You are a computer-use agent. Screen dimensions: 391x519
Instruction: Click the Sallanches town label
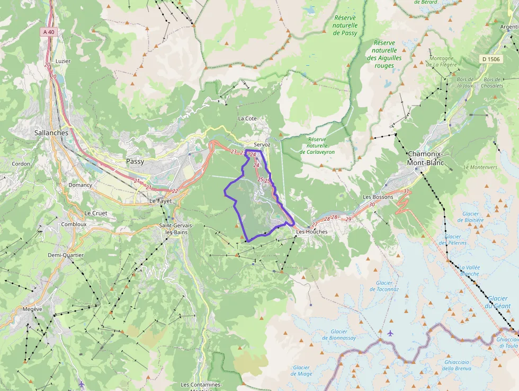click(x=51, y=133)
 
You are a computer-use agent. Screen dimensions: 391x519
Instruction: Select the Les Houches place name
click(x=312, y=232)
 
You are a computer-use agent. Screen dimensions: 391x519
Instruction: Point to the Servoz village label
click(x=262, y=145)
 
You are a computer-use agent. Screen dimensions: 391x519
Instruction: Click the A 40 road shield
click(x=49, y=32)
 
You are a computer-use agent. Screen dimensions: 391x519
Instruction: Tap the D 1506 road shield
click(x=491, y=59)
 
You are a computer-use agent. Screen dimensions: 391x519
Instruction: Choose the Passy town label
click(x=135, y=161)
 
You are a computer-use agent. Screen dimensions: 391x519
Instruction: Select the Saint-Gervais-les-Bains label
click(x=176, y=229)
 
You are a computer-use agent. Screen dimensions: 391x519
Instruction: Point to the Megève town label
click(x=32, y=309)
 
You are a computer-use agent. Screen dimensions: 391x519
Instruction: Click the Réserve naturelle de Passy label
click(x=345, y=25)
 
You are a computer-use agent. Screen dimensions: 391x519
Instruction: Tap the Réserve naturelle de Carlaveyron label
click(x=317, y=145)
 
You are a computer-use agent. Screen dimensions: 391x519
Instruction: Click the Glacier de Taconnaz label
click(x=384, y=286)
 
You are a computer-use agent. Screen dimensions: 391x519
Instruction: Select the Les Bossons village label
click(x=378, y=197)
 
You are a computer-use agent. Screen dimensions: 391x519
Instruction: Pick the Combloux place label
click(x=74, y=224)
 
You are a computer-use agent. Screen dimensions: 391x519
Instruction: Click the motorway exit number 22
click(x=175, y=191)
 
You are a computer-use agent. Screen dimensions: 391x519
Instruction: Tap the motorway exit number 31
click(x=406, y=191)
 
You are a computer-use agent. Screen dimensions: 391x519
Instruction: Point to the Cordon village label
click(x=21, y=164)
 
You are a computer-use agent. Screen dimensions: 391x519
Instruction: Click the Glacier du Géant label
click(x=498, y=302)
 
